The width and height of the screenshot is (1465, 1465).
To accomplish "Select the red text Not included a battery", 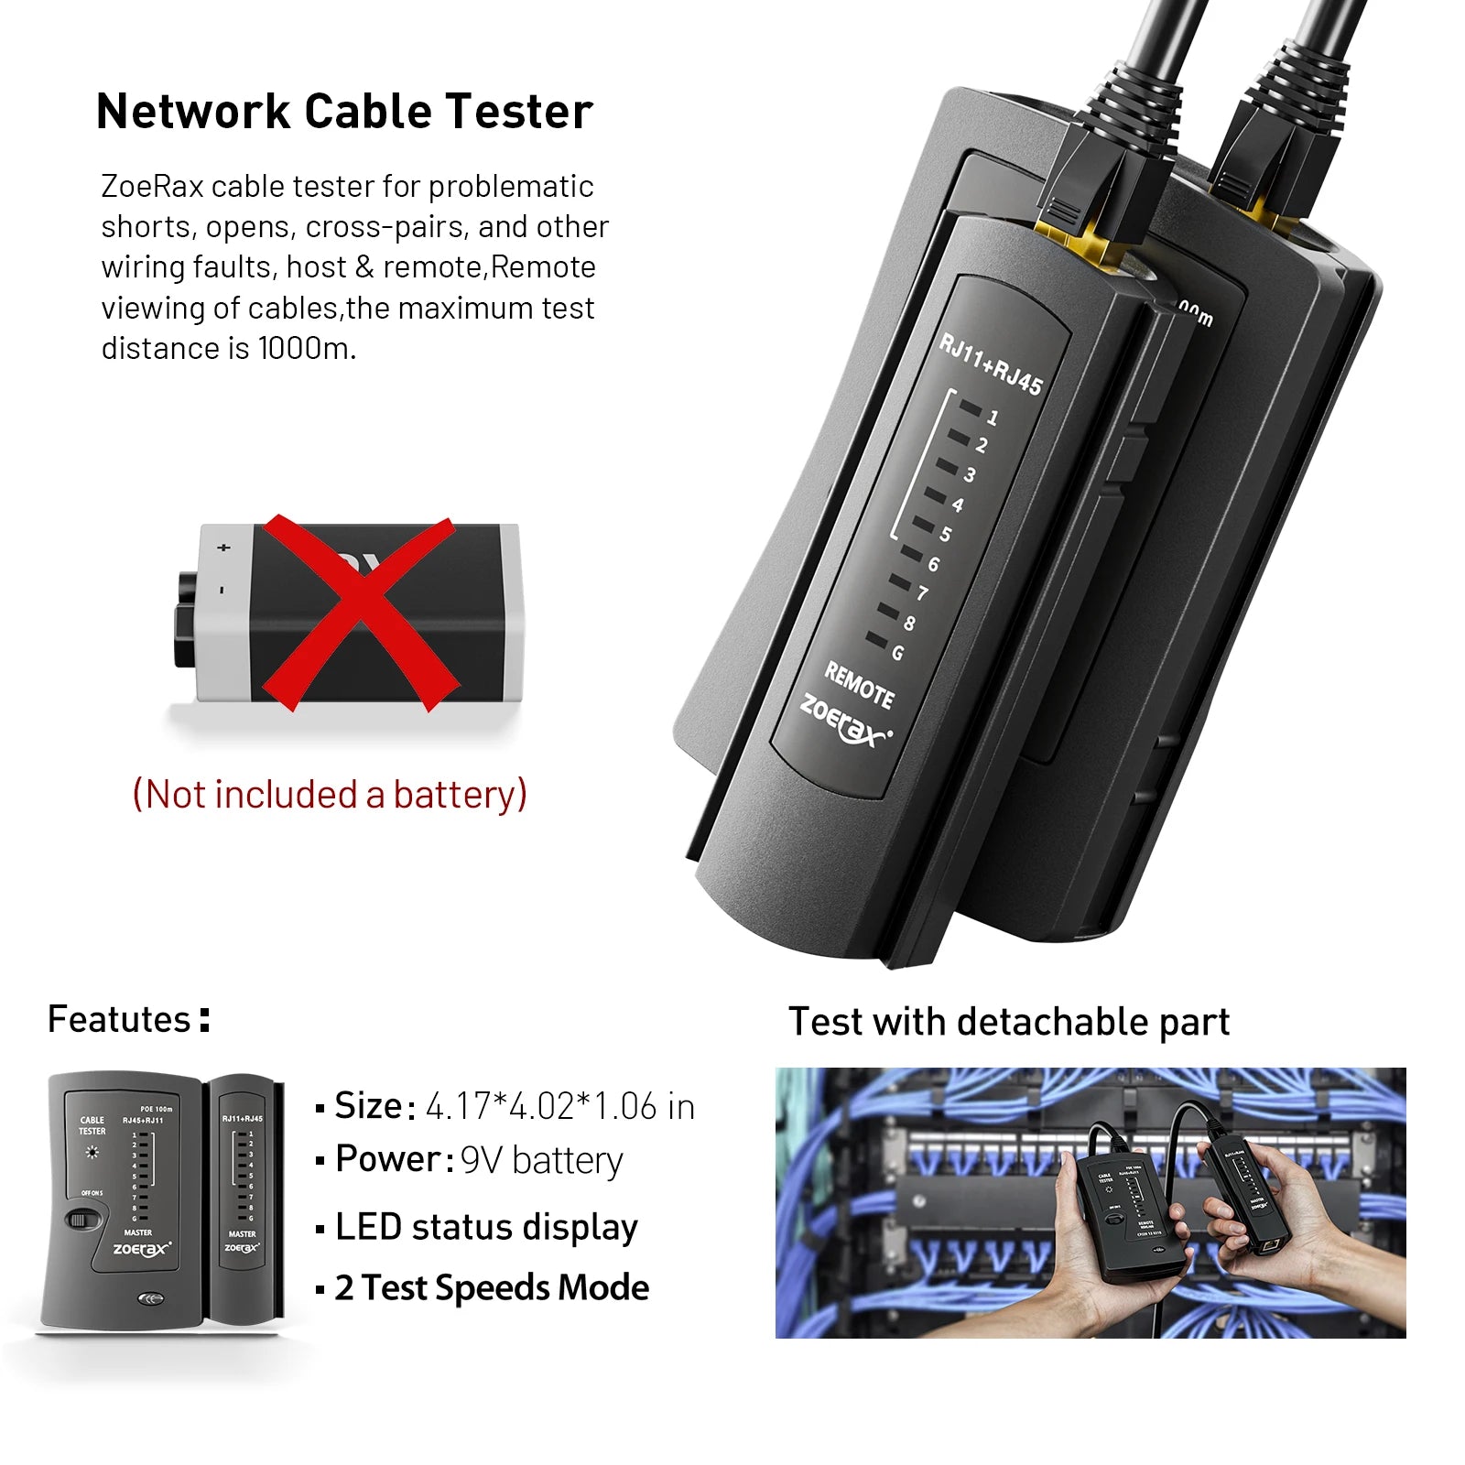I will coord(330,794).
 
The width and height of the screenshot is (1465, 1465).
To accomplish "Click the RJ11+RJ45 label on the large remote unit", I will coord(992,364).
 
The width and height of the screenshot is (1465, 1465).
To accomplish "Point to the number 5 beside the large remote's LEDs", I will coord(946,534).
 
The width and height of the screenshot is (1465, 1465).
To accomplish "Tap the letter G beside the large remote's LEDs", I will coord(897,653).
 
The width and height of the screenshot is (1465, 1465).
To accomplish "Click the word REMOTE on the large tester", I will coord(859,685).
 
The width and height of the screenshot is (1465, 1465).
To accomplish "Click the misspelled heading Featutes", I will coord(119,1019).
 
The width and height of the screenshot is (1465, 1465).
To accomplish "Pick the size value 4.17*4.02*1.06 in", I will coord(559,1106).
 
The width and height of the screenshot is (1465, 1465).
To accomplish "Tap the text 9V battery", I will coord(541,1160).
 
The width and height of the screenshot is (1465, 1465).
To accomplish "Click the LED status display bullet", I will coord(485,1227).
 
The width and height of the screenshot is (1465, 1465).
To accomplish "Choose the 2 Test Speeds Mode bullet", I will coord(491,1287).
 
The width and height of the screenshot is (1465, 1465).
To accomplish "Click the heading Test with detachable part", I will coord(1008,1022).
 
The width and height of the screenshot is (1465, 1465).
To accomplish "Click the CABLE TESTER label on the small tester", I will coord(92,1125).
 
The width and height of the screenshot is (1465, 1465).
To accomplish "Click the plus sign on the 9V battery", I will coord(223,548).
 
